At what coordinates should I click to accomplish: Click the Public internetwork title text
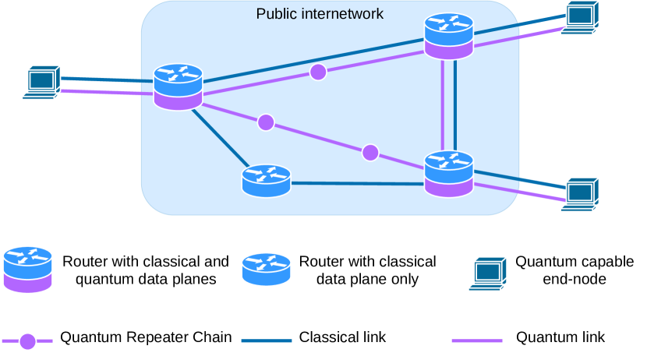pyautogui.click(x=320, y=14)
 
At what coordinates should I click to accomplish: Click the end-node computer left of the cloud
pyautogui.click(x=42, y=82)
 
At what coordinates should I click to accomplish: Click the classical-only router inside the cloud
pyautogui.click(x=266, y=181)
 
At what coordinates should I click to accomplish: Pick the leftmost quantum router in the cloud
pyautogui.click(x=178, y=86)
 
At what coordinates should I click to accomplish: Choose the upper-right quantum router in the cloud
pyautogui.click(x=449, y=37)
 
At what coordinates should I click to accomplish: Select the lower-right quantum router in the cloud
pyautogui.click(x=449, y=173)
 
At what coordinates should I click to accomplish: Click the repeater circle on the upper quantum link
pyautogui.click(x=318, y=72)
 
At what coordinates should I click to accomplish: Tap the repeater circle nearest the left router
pyautogui.click(x=266, y=122)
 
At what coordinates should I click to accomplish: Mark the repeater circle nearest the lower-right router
pyautogui.click(x=370, y=152)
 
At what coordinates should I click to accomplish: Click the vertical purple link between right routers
pyautogui.click(x=443, y=105)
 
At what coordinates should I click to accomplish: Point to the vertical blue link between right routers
pyautogui.click(x=456, y=105)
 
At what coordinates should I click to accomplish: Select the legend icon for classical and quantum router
pyautogui.click(x=27, y=270)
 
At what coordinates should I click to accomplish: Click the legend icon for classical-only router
pyautogui.click(x=266, y=269)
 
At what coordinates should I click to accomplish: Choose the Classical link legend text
pyautogui.click(x=342, y=337)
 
